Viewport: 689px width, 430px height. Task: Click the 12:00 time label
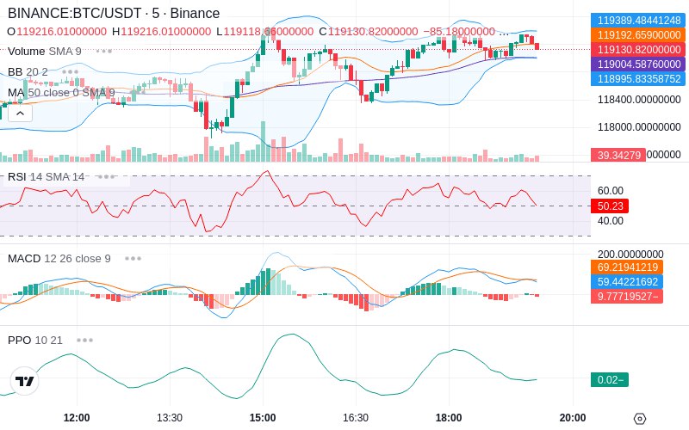[x=77, y=418]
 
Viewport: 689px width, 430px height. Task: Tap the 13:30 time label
[x=169, y=418]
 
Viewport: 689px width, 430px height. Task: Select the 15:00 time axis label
[x=263, y=418]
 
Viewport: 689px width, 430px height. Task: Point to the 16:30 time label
[x=355, y=418]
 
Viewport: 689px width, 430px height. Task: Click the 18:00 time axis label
[x=448, y=418]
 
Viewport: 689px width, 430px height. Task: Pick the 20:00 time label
[x=573, y=418]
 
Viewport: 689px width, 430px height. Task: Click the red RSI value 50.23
[x=610, y=206]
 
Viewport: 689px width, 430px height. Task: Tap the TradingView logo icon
[x=25, y=381]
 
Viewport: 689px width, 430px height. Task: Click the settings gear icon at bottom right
[x=639, y=419]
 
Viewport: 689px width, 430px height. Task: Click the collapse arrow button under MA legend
[x=18, y=113]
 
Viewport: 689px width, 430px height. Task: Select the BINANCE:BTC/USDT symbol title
[x=72, y=14]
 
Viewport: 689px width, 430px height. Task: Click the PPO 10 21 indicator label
[x=35, y=340]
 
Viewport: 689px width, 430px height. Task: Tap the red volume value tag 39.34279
[x=617, y=155]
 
